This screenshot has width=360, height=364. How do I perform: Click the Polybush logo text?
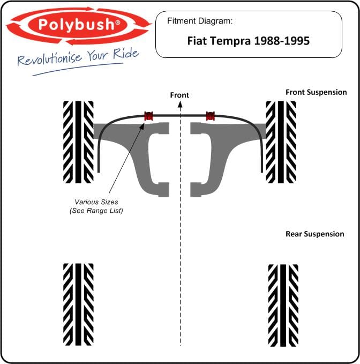click(x=76, y=25)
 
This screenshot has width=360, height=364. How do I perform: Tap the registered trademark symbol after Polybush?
click(x=118, y=23)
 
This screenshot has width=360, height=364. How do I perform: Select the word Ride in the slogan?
click(x=126, y=54)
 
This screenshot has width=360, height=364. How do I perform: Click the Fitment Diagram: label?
click(x=200, y=21)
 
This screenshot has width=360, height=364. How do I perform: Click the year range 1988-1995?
click(x=282, y=41)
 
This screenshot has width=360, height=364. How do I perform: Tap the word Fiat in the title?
click(x=197, y=41)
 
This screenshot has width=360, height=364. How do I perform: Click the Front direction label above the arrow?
click(x=179, y=95)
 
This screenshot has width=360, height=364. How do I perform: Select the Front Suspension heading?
click(x=316, y=92)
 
